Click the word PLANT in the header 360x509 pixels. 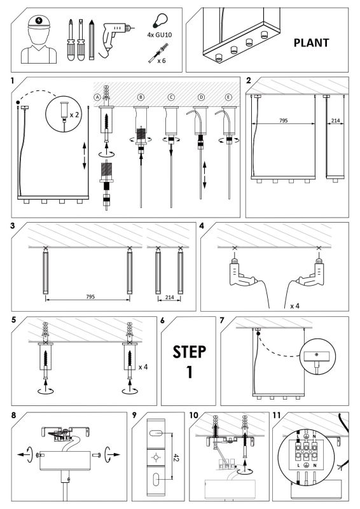click(x=311, y=43)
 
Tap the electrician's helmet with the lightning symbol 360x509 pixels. click(x=39, y=22)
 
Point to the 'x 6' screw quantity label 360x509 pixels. click(x=162, y=60)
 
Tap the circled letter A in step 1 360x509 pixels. click(x=97, y=97)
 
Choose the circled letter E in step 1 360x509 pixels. click(x=229, y=97)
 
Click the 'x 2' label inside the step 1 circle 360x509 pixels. click(x=74, y=115)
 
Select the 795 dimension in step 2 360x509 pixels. click(x=284, y=120)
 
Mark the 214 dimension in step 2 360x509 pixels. click(x=335, y=120)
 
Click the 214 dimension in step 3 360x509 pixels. click(x=169, y=297)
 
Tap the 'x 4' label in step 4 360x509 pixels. click(x=294, y=306)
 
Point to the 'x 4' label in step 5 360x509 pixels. click(x=143, y=367)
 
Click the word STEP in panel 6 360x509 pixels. click(x=190, y=352)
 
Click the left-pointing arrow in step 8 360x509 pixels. click(x=22, y=454)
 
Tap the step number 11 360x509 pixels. click(x=277, y=415)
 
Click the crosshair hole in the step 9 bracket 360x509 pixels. click(x=156, y=457)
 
